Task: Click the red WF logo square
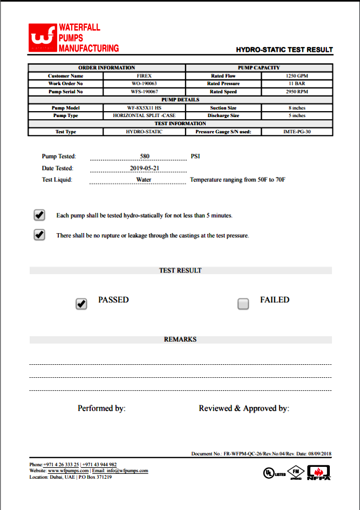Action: coord(42,38)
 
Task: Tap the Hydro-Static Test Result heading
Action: coord(284,50)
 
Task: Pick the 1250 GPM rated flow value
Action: coord(296,76)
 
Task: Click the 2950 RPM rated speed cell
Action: coord(296,92)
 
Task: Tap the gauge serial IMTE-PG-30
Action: coord(296,131)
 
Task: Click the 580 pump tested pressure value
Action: coord(144,156)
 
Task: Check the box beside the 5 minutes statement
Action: coord(39,215)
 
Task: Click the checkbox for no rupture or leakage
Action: coord(39,235)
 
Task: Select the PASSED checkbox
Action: coord(81,304)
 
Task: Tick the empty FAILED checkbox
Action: coord(243,304)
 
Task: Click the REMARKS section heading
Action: coord(180,339)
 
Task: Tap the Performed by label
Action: coord(101,409)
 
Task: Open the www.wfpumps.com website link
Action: coord(68,471)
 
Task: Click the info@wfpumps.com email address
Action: coord(127,471)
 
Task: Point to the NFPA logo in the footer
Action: coord(318,472)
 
